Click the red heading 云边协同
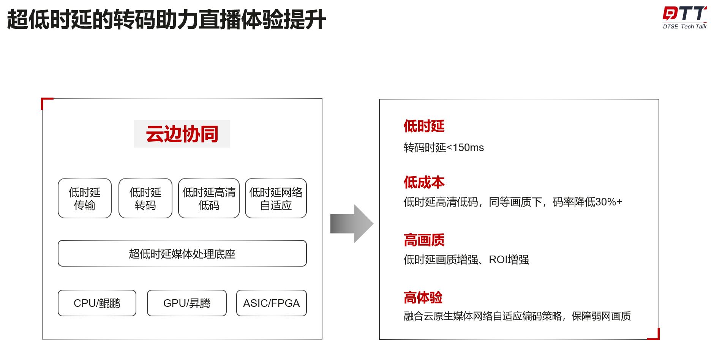pyautogui.click(x=182, y=134)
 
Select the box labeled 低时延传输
pyautogui.click(x=84, y=198)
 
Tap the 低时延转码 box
pyautogui.click(x=145, y=198)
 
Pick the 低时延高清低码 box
pyautogui.click(x=209, y=198)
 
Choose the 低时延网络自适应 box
pyautogui.click(x=276, y=198)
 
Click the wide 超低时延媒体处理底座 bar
pyautogui.click(x=182, y=253)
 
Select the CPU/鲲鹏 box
pyautogui.click(x=97, y=303)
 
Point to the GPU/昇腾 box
pyautogui.click(x=186, y=303)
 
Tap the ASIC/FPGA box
pyautogui.click(x=271, y=303)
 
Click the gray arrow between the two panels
pyautogui.click(x=351, y=224)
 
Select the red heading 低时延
pyautogui.click(x=424, y=126)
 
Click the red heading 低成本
pyautogui.click(x=424, y=182)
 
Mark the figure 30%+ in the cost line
pyautogui.click(x=609, y=202)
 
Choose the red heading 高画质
pyautogui.click(x=424, y=240)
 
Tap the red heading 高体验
pyautogui.click(x=423, y=298)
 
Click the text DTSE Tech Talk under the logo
pyautogui.click(x=684, y=27)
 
